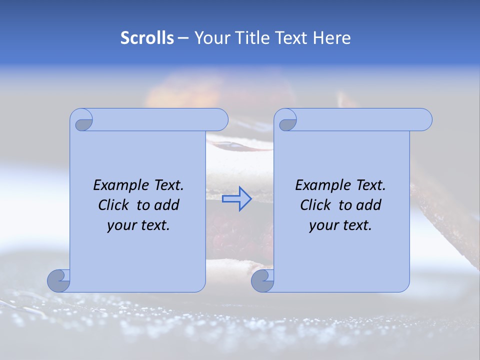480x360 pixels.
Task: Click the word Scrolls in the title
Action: pos(147,38)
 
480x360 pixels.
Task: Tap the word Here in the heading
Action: pos(332,38)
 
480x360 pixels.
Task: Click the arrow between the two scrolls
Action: pos(236,199)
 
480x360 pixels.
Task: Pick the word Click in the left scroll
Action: pos(114,205)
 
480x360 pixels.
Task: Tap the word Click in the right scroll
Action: pos(315,205)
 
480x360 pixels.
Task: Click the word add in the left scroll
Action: pos(166,205)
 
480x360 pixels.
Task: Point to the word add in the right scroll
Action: pos(368,205)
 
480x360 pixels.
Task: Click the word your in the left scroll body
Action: pos(121,225)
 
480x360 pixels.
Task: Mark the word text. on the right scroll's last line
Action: pos(356,225)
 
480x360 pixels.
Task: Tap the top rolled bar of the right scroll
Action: pos(360,119)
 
